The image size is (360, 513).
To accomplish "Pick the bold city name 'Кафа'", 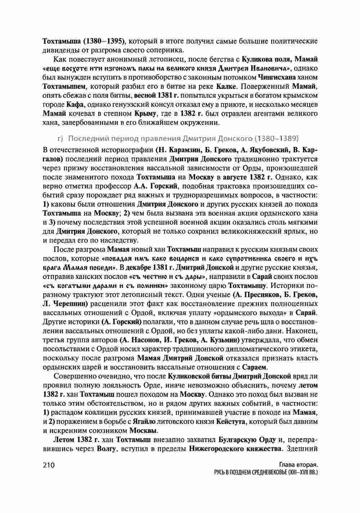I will (75, 105).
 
